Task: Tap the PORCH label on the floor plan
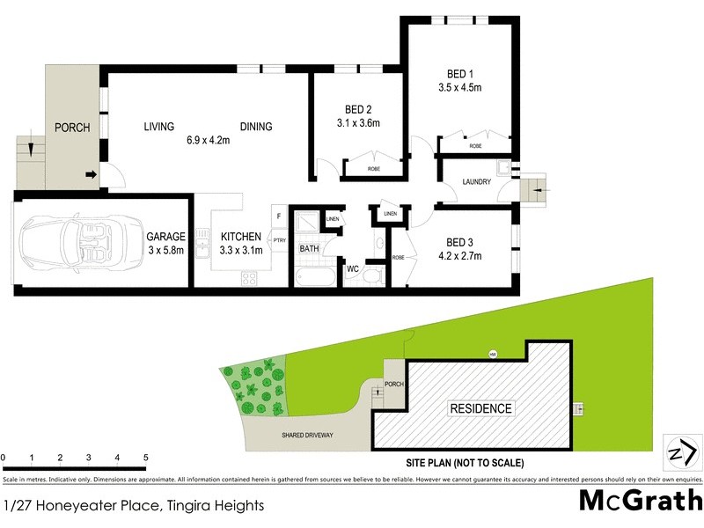coord(72,128)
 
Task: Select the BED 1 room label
coord(453,74)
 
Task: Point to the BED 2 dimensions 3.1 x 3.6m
coord(358,123)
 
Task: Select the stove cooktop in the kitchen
coord(249,278)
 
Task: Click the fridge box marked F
coord(279,216)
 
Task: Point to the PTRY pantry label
coord(279,240)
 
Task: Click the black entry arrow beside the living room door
coord(91,174)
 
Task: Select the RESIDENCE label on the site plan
coord(480,409)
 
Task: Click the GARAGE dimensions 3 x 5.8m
coord(165,249)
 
